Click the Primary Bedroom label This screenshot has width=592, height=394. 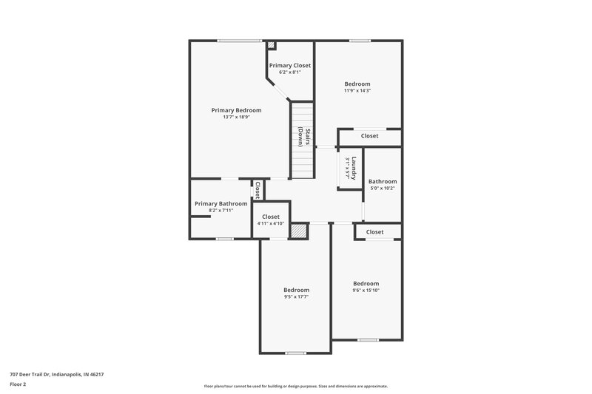[x=236, y=110]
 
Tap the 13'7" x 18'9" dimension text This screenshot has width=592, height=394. [x=236, y=117]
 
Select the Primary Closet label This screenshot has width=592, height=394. [x=290, y=65]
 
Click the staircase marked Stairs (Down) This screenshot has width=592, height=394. [x=301, y=140]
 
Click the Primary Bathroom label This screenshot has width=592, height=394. [x=221, y=203]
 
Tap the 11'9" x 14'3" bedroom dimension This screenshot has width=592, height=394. [x=357, y=91]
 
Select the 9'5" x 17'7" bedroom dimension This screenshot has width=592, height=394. [x=296, y=297]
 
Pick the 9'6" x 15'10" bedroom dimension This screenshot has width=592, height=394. [x=366, y=291]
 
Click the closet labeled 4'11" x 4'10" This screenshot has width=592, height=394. [x=271, y=220]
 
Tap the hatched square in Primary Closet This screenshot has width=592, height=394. [x=272, y=45]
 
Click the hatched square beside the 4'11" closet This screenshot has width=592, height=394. [x=298, y=231]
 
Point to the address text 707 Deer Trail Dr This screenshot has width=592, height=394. [x=56, y=374]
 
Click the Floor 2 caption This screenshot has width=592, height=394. [x=18, y=384]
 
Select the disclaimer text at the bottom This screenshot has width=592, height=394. [x=296, y=386]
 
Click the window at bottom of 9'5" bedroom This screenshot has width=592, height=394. [x=296, y=353]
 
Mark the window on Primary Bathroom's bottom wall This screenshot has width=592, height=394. [x=224, y=239]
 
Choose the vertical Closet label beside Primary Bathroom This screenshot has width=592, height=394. [x=258, y=191]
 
